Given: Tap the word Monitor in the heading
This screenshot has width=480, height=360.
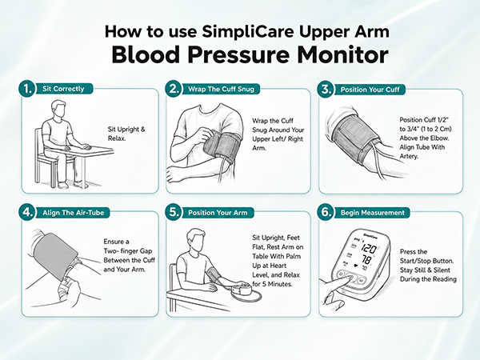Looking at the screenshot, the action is pyautogui.click(x=342, y=55).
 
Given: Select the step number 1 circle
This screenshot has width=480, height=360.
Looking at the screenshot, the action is pyautogui.click(x=27, y=89).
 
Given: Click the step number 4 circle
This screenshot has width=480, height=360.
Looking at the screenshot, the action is pyautogui.click(x=27, y=212).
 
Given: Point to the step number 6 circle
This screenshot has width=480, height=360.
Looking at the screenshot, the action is pyautogui.click(x=326, y=212).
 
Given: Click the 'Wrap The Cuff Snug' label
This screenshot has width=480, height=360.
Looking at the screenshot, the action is pyautogui.click(x=221, y=89).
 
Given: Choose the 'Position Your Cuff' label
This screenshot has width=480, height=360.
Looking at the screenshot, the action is pyautogui.click(x=370, y=90).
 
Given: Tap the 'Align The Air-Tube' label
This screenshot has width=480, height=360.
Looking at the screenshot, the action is pyautogui.click(x=73, y=213).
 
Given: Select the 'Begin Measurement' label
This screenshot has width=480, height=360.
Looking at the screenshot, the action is pyautogui.click(x=373, y=213).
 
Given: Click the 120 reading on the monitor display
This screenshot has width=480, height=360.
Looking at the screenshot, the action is pyautogui.click(x=369, y=248).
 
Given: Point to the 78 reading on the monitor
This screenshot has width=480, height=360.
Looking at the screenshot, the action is pyautogui.click(x=366, y=260).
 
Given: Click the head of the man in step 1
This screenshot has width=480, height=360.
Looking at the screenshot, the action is pyautogui.click(x=58, y=109).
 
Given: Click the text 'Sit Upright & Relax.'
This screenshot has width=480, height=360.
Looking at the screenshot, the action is pyautogui.click(x=126, y=134).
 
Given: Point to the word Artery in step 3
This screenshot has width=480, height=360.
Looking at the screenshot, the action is pyautogui.click(x=409, y=157).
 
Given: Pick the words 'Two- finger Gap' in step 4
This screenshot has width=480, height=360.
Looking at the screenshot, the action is pyautogui.click(x=128, y=251).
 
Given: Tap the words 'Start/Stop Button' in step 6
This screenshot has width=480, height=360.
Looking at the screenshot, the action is pyautogui.click(x=426, y=261).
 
